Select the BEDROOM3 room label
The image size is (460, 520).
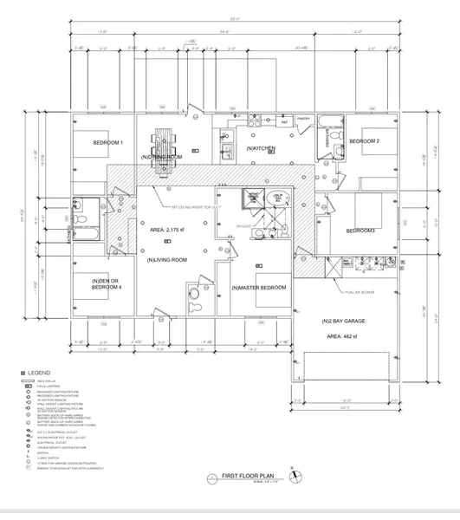pyautogui.click(x=360, y=231)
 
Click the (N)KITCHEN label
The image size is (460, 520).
pyautogui.click(x=261, y=149)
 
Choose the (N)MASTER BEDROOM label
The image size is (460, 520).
pyautogui.click(x=259, y=288)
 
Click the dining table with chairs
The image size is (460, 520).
pyautogui.click(x=162, y=146)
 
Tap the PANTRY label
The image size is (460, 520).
pyautogui.click(x=303, y=118)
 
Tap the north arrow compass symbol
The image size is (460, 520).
pyautogui.click(x=297, y=475)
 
